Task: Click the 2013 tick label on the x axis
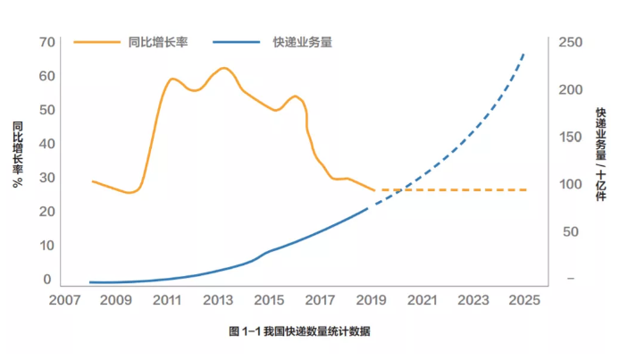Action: (x=217, y=301)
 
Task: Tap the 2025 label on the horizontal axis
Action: (x=523, y=301)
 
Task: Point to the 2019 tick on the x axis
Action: (x=370, y=301)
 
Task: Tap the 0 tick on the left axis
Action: (x=48, y=279)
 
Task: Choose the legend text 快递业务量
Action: (x=302, y=42)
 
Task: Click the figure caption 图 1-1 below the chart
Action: (x=299, y=331)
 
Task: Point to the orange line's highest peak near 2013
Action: (x=223, y=68)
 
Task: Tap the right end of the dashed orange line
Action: (x=526, y=190)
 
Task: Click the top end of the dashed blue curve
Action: (x=524, y=54)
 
